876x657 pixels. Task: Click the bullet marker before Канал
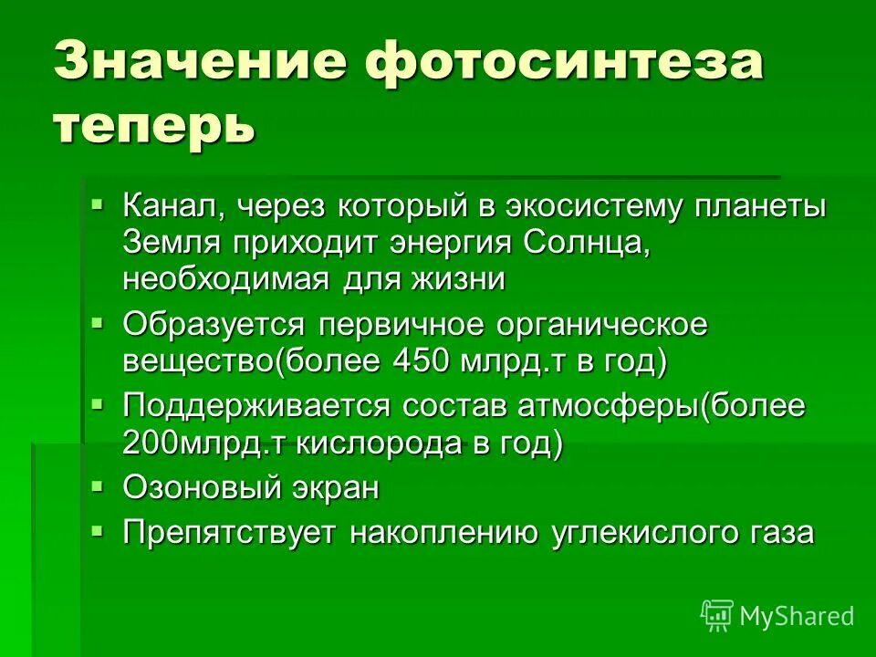click(99, 201)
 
